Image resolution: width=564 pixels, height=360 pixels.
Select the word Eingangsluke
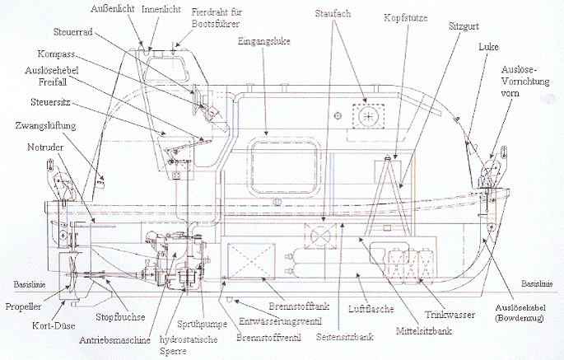259,40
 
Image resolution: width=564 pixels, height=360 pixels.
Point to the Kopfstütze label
403,17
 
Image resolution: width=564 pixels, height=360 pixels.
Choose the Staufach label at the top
332,14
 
